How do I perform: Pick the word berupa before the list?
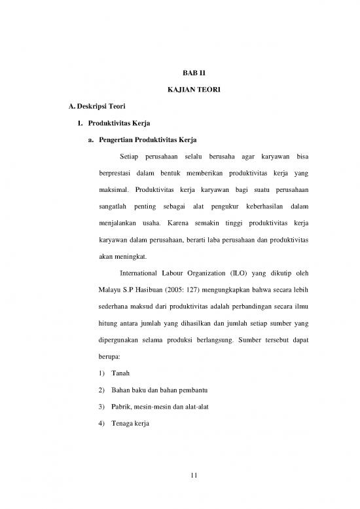point(110,359)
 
